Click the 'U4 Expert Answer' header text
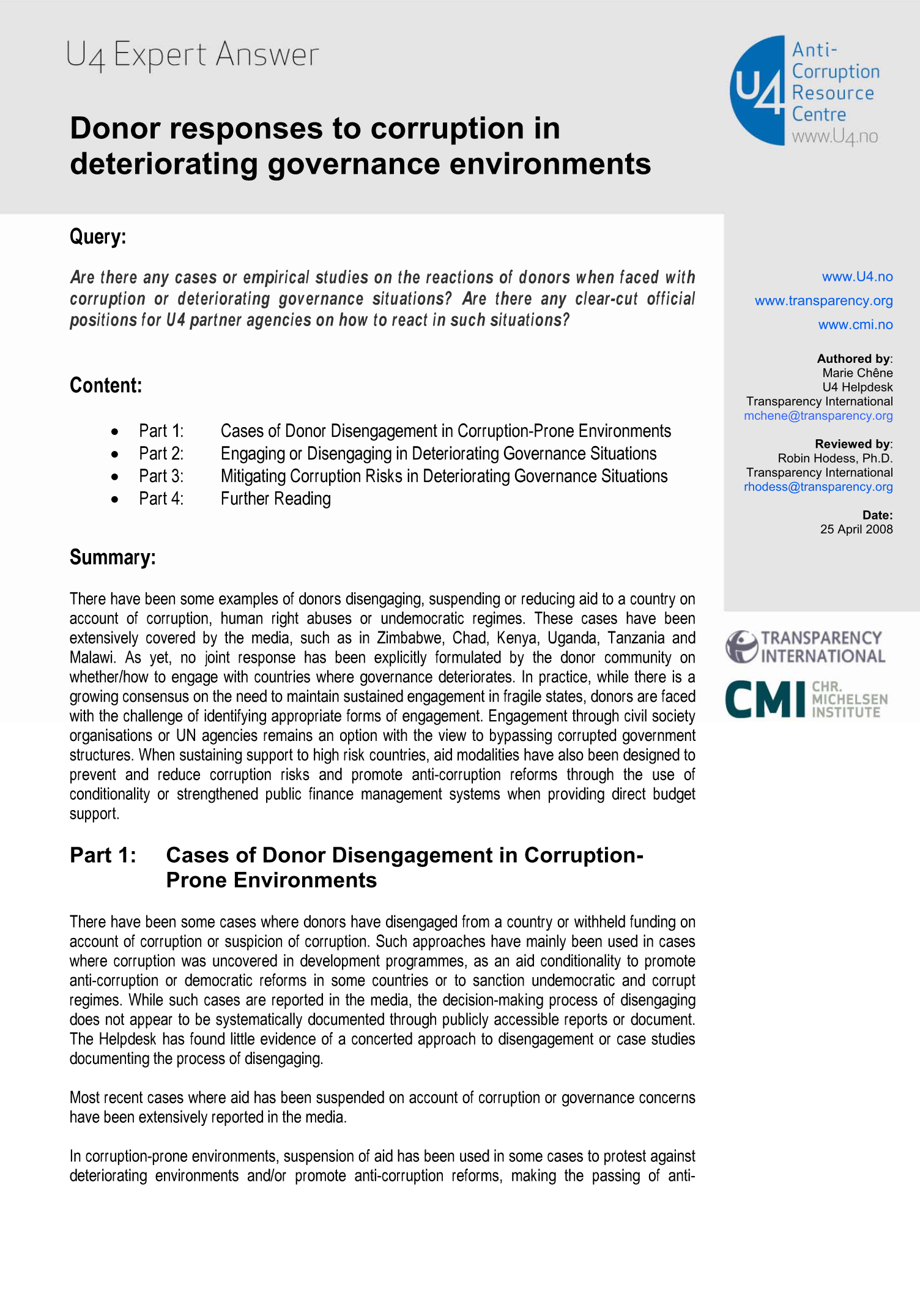pos(192,55)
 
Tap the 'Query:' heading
pos(98,236)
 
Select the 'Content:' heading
pos(106,385)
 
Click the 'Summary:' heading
pos(113,557)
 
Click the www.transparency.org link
pos(823,300)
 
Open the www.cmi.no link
pos(855,324)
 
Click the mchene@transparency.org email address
pos(818,415)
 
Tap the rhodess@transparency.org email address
pos(818,486)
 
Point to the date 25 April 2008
pos(856,529)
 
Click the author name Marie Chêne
pos(857,373)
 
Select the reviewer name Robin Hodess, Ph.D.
pos(835,458)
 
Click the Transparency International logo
pos(805,647)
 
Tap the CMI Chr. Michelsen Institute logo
pos(806,699)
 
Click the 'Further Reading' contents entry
pos(275,499)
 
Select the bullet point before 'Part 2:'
pos(115,455)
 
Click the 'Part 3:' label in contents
pos(161,476)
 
